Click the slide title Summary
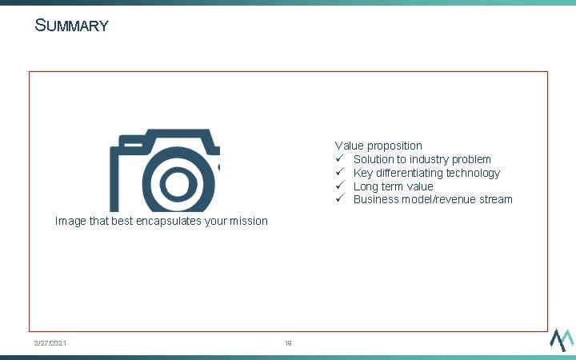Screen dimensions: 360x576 point(71,26)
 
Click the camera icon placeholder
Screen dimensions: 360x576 point(165,170)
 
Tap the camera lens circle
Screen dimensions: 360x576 point(175,185)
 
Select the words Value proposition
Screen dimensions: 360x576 point(378,146)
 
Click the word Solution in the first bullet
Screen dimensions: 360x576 point(374,159)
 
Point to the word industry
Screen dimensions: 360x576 point(431,159)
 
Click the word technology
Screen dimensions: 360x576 point(474,173)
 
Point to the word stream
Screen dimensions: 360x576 point(494,199)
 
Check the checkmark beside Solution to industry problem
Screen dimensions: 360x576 point(339,159)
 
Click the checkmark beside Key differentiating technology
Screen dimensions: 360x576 point(339,173)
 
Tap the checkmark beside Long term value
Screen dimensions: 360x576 point(339,186)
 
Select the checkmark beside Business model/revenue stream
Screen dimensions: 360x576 point(339,199)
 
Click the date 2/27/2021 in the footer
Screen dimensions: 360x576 point(50,343)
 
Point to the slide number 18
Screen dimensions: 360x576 point(288,343)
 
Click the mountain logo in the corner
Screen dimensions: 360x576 point(561,339)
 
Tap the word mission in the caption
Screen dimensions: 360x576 point(248,221)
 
